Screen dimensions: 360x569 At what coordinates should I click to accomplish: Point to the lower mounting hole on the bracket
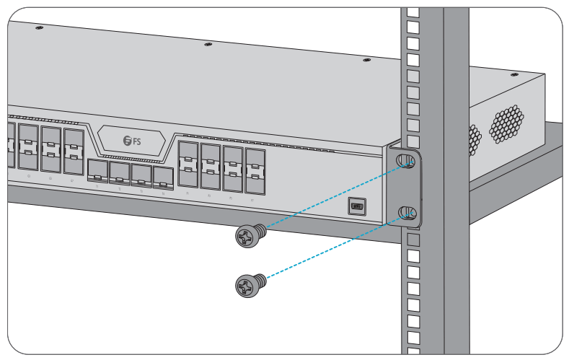(x=408, y=213)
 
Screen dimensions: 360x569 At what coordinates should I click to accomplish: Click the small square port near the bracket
(x=357, y=206)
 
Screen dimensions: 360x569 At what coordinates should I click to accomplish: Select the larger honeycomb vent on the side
(x=509, y=124)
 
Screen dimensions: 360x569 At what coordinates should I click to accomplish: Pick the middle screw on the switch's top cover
(x=208, y=44)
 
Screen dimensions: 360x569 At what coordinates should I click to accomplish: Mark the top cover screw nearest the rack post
(x=366, y=59)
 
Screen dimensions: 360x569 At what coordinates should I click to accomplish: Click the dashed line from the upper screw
(x=332, y=197)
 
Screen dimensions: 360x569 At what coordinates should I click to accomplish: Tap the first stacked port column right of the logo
(x=188, y=163)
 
